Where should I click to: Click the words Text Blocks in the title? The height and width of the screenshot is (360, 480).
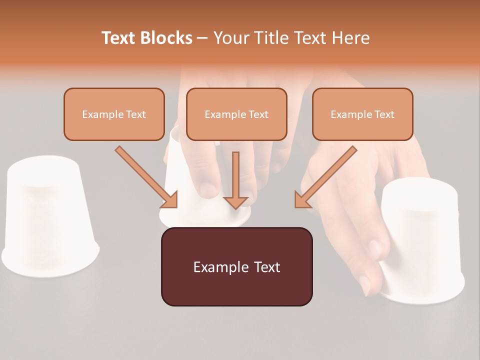(147, 38)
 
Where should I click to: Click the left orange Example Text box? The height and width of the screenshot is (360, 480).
(114, 114)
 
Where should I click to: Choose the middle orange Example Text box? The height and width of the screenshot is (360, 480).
(236, 114)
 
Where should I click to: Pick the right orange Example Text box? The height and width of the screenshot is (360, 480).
(362, 114)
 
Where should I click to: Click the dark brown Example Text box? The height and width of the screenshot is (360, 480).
(236, 266)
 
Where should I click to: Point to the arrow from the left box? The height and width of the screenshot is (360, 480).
(145, 176)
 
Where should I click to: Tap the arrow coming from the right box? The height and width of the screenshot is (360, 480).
(327, 176)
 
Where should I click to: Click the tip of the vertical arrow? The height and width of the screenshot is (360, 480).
(235, 207)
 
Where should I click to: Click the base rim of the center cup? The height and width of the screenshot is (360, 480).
(205, 222)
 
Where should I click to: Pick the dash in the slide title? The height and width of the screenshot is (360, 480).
(202, 38)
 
